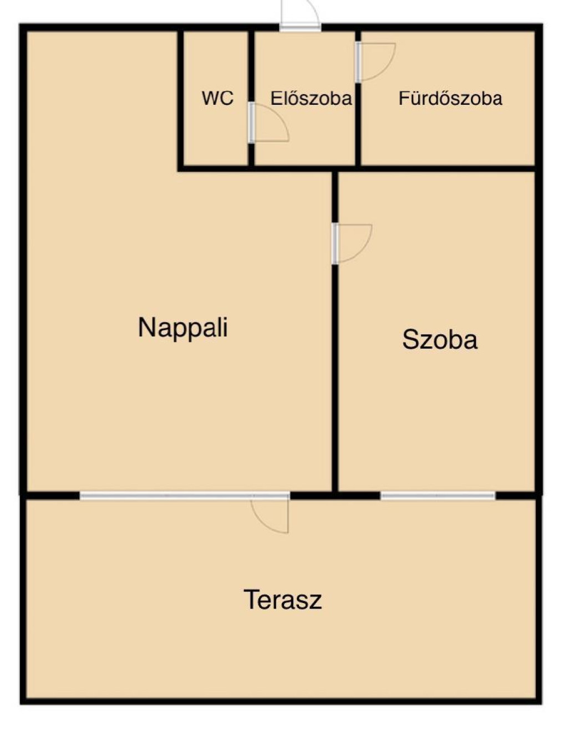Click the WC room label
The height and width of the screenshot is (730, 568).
(x=217, y=99)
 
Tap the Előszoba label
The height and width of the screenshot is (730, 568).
(x=311, y=99)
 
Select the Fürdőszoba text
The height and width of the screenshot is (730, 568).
(x=450, y=99)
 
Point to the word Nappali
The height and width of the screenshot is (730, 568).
(x=183, y=328)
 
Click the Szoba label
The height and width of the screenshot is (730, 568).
(x=440, y=340)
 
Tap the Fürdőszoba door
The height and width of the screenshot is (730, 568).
(x=375, y=62)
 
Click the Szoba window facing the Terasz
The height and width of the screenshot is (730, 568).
(x=438, y=496)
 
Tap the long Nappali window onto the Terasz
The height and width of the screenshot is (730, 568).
(x=185, y=496)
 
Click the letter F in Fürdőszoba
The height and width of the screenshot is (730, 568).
(x=404, y=99)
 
